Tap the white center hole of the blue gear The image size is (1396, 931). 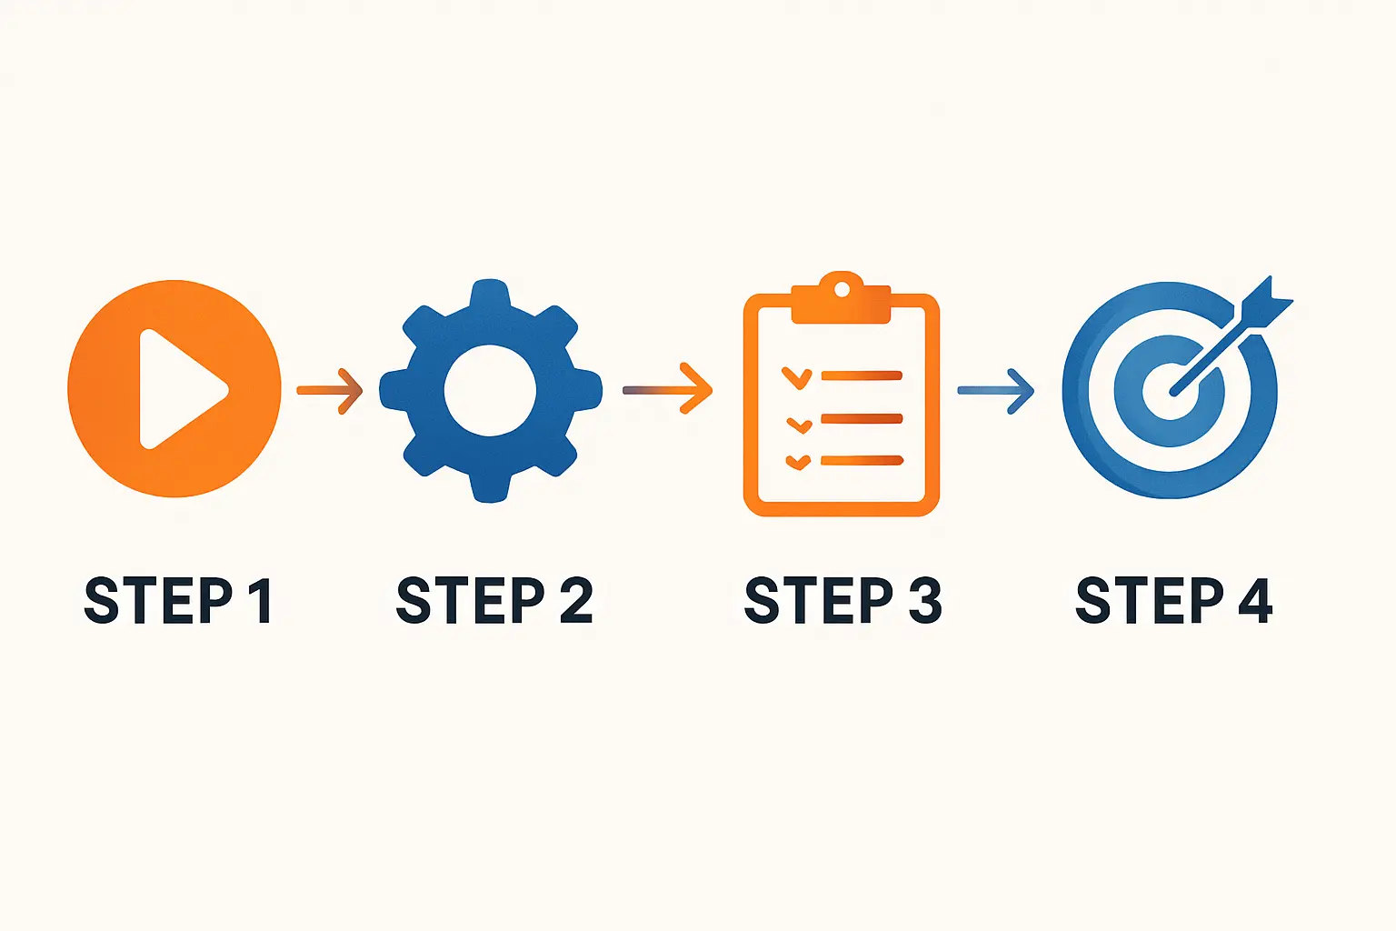point(490,390)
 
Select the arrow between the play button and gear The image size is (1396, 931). point(330,391)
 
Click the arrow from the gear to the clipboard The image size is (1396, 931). point(667,388)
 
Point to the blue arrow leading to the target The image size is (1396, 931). point(996,391)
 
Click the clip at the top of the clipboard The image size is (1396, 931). point(842,297)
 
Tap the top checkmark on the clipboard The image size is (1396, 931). point(796,378)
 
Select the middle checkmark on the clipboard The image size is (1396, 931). point(800,425)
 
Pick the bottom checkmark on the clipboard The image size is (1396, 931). point(798,462)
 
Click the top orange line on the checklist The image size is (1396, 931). point(862,375)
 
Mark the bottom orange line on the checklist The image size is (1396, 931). point(862,461)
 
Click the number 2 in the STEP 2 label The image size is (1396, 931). point(576,600)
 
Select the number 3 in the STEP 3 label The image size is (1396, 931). point(924,600)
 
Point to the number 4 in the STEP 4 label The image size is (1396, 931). point(1254,600)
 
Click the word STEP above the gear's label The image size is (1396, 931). point(471,600)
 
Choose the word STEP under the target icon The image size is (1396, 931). point(1150,600)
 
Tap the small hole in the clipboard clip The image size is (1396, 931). point(842,289)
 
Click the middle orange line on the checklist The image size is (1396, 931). point(862,418)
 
